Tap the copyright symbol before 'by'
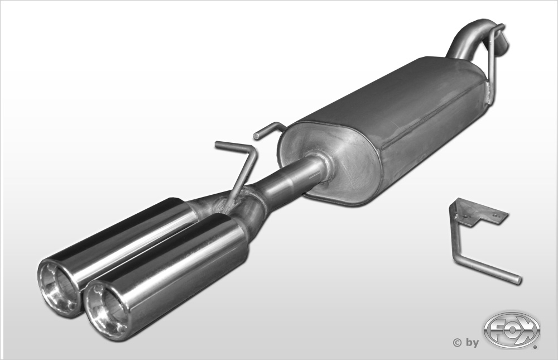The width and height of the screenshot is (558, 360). pos(457,343)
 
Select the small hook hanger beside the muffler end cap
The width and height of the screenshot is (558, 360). pos(269,129)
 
